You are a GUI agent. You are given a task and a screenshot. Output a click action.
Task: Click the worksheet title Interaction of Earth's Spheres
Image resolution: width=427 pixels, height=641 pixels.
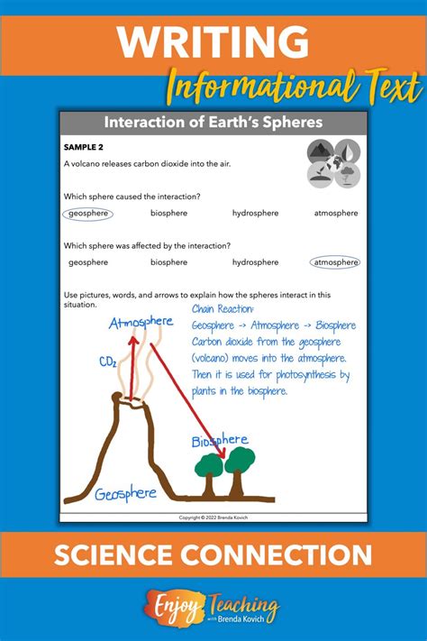[x=213, y=122]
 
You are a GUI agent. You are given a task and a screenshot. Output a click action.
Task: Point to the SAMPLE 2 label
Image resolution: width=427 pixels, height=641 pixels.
[x=86, y=146]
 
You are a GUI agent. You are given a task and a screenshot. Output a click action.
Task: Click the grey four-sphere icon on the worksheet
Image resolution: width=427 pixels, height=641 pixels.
[x=333, y=162]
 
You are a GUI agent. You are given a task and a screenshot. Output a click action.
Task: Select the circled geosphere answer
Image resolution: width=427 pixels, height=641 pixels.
[x=88, y=214]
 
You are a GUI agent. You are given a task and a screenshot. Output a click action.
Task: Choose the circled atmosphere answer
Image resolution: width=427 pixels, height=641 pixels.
[x=335, y=262]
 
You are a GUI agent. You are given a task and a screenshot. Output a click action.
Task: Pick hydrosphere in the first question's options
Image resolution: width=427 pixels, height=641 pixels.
[x=255, y=214]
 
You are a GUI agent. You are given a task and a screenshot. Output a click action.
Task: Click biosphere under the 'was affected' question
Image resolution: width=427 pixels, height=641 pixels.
[x=169, y=262]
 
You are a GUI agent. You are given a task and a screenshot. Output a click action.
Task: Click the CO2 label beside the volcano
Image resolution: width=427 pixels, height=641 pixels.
[x=108, y=362]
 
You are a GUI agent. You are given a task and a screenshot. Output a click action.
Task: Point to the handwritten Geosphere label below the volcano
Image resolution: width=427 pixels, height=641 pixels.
[x=125, y=494]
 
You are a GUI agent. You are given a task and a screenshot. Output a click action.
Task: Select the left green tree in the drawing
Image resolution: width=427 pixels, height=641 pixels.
[x=209, y=467]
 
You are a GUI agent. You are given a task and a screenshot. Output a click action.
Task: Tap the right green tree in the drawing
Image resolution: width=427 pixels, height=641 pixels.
[x=240, y=460]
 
